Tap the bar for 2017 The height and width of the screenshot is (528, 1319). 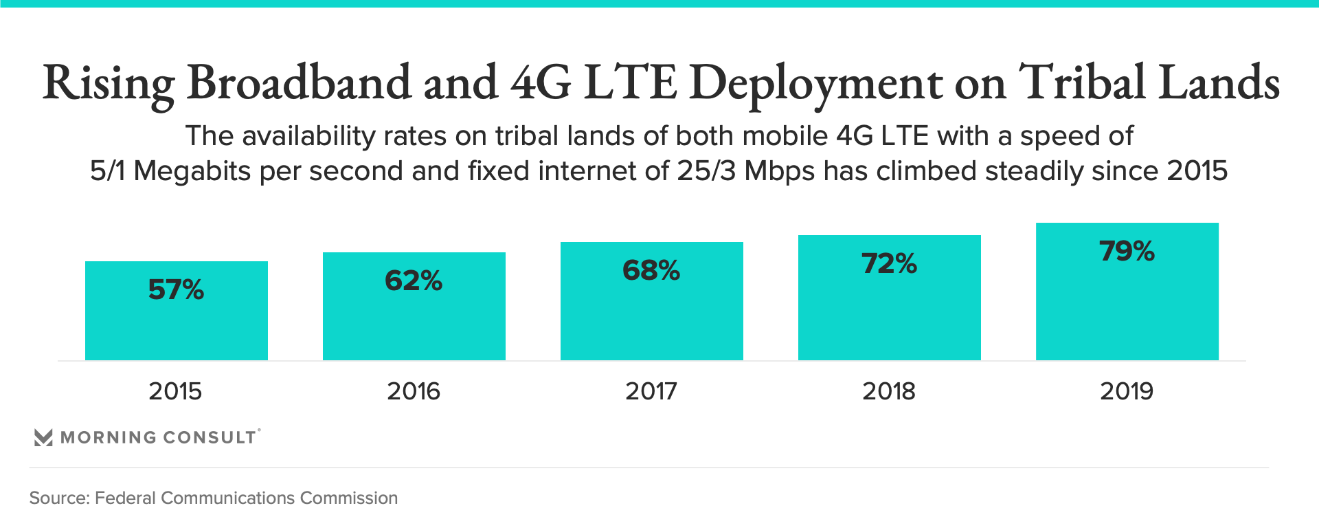[x=652, y=316]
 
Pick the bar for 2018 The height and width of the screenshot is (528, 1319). [x=890, y=313]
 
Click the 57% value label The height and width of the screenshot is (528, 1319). [x=176, y=289]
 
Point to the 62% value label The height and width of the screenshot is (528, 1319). [x=414, y=280]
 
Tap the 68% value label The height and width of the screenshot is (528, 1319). [x=651, y=270]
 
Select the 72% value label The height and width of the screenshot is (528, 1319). [x=889, y=263]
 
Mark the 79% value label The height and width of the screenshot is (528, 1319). [x=1127, y=251]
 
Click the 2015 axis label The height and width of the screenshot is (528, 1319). [x=175, y=391]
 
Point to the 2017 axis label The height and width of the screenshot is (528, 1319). [x=651, y=391]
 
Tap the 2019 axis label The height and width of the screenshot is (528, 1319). [x=1127, y=391]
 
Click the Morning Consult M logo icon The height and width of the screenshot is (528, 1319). [x=43, y=437]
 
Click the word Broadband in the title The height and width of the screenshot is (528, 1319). [x=299, y=82]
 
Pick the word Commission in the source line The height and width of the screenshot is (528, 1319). [x=349, y=498]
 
